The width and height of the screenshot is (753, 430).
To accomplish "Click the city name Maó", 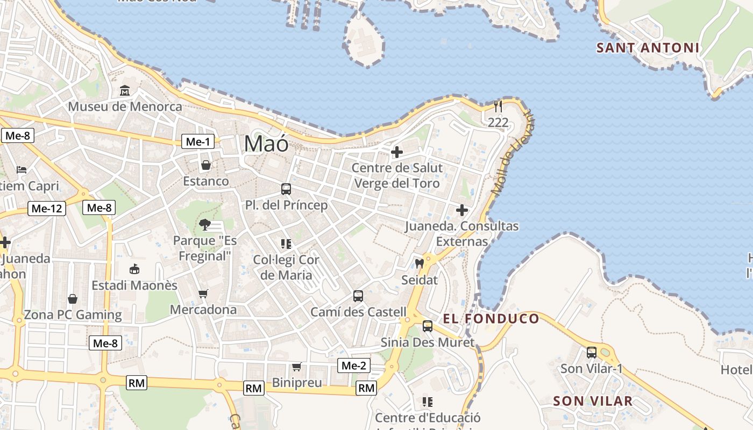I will coord(266,144).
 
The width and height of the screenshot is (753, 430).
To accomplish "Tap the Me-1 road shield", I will coord(198,142).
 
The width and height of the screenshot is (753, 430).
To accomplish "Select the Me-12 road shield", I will coord(47,209).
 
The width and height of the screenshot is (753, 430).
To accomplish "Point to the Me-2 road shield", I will coord(354,366).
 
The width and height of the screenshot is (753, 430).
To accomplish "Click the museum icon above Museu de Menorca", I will coord(125,90).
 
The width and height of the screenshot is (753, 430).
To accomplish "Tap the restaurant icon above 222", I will coord(498,106).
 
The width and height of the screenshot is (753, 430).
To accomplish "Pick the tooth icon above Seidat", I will coord(420,264).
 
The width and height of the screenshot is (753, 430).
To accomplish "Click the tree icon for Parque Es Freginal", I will coord(204,224).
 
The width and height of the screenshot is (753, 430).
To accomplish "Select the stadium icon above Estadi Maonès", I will coord(134,269).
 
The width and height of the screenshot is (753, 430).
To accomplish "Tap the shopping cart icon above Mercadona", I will coord(203,293).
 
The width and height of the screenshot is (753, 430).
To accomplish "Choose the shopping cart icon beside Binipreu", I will coord(296,367).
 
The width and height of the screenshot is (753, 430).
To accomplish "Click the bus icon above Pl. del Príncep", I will coord(286,189).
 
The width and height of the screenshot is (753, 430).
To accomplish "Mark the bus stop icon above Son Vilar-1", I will coord(592,353).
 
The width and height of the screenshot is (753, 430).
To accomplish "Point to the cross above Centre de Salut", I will coord(397,152).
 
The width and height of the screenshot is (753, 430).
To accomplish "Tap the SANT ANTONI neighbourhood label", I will coord(648,48).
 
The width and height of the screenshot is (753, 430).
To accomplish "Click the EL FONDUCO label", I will coord(491,319).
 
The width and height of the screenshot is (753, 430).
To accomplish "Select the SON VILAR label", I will coord(593,401).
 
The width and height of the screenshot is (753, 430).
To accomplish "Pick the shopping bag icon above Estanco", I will coord(205,165).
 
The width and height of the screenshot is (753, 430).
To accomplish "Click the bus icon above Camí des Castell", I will coord(358,296).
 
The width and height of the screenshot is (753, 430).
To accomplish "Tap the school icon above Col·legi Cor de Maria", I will coord(286,244).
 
